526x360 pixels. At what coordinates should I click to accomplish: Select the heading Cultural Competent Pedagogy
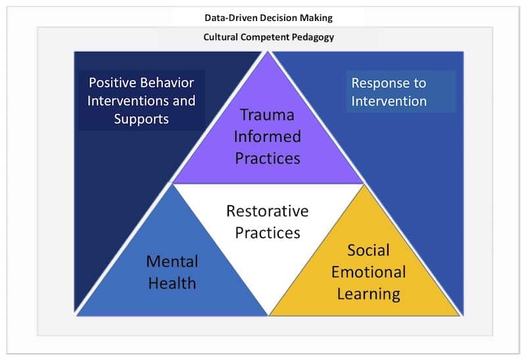click(x=268, y=37)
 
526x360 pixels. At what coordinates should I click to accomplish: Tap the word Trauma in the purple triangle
click(x=267, y=114)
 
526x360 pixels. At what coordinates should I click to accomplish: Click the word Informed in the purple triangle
click(x=267, y=136)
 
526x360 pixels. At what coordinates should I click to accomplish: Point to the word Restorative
click(x=267, y=211)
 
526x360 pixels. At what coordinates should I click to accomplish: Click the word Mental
click(x=172, y=261)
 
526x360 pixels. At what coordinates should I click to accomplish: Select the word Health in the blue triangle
click(x=172, y=282)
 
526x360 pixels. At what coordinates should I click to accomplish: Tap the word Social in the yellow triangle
click(x=368, y=250)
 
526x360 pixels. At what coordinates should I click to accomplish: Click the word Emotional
click(x=368, y=271)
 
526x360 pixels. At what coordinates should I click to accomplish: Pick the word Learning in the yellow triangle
click(x=368, y=293)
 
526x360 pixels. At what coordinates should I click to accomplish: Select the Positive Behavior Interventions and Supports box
click(x=141, y=101)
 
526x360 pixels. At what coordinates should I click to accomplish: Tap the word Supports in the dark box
click(x=141, y=119)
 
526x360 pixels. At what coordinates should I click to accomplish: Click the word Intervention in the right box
click(x=389, y=101)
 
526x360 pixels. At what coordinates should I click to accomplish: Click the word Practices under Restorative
click(x=267, y=233)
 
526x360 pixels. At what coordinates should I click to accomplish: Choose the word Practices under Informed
click(x=267, y=158)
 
